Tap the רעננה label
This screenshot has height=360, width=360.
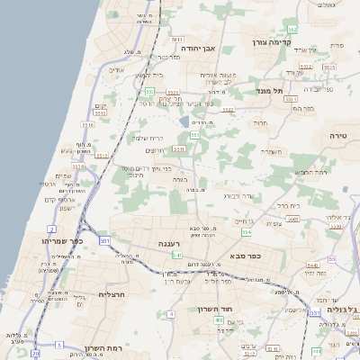pos(169,244)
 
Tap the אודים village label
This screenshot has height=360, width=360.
pos(120,70)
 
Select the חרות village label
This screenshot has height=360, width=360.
pos(260,122)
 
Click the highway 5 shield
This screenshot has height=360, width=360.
pos(60,345)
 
